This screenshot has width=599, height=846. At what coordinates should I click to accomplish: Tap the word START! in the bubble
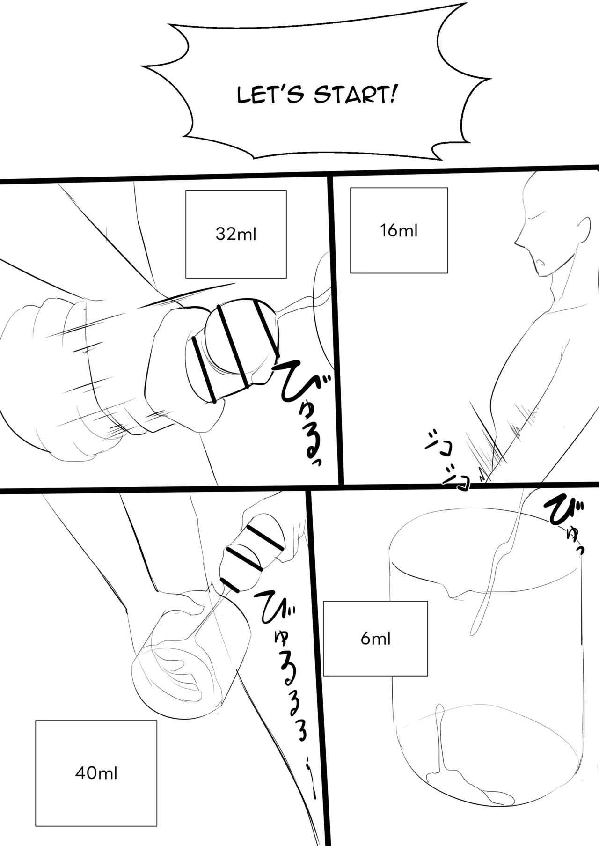pos(352,95)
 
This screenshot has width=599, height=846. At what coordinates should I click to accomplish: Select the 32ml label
pos(236,234)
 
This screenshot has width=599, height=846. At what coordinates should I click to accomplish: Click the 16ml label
pos(399,230)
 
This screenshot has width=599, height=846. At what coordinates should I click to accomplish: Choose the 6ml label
pos(375,639)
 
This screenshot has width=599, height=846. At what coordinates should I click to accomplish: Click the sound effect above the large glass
pos(566,524)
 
